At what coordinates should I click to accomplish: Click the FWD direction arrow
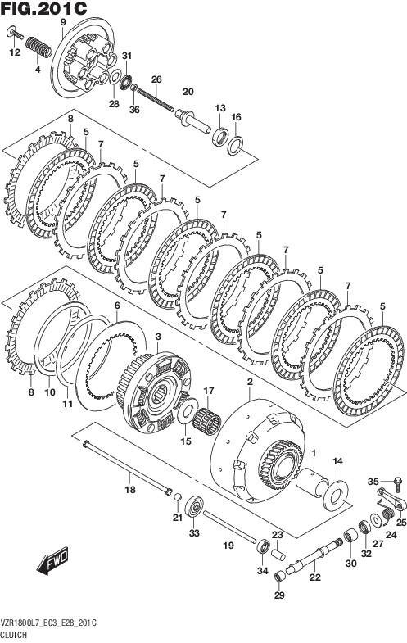(52, 559)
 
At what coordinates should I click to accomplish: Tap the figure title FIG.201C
(43, 8)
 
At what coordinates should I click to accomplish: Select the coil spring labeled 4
(39, 48)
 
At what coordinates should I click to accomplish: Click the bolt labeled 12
(16, 34)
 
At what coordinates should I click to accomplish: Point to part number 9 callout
(63, 22)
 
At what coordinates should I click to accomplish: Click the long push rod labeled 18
(127, 467)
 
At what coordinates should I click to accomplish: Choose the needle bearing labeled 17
(207, 421)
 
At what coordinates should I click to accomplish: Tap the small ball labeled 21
(178, 497)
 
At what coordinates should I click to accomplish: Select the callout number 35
(373, 482)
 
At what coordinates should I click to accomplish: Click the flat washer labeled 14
(335, 496)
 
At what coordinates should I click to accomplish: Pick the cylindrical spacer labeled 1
(312, 483)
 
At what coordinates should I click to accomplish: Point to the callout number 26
(156, 79)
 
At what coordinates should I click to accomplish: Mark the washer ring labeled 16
(235, 147)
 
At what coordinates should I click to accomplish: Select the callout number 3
(159, 337)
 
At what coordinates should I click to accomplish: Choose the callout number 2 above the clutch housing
(250, 382)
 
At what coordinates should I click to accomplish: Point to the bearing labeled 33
(194, 508)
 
